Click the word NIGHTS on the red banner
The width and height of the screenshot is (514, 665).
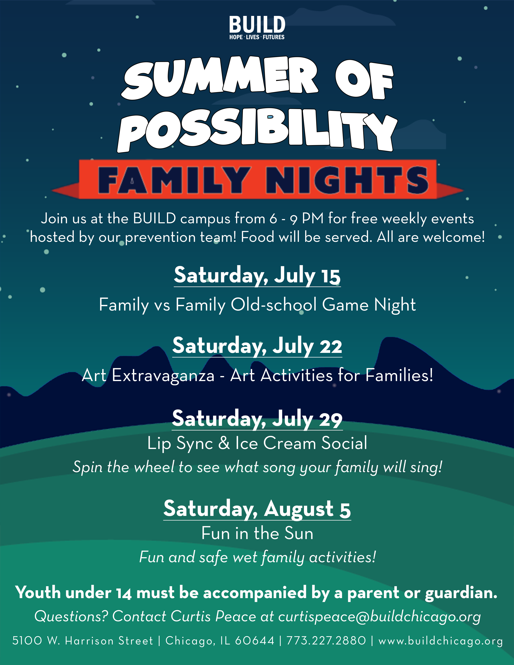coord(347,180)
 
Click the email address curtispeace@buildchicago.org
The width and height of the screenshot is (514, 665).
coord(379,617)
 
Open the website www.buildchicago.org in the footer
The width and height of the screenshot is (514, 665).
coord(441,641)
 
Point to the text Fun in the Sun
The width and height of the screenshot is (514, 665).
coord(257,533)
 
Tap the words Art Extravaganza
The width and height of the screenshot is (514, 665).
coord(148,375)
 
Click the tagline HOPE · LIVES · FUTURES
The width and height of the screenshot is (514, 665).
coord(257,37)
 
